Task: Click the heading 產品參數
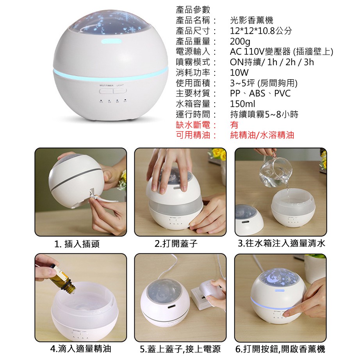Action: (193, 10)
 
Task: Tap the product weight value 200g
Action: (240, 41)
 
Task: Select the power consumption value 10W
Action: (239, 73)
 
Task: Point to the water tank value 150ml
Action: (242, 104)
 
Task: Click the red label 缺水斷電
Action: (193, 125)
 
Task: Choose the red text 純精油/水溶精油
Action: (262, 135)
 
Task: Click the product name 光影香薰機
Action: (251, 20)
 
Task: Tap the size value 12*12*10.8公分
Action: (261, 31)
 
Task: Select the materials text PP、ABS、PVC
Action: (260, 93)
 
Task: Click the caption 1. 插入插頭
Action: (77, 244)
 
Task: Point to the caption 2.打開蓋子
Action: (176, 243)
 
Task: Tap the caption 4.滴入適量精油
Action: (80, 349)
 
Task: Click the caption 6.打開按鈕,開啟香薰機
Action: (280, 349)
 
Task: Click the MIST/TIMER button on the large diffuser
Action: (106, 91)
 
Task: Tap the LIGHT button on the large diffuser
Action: (119, 91)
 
